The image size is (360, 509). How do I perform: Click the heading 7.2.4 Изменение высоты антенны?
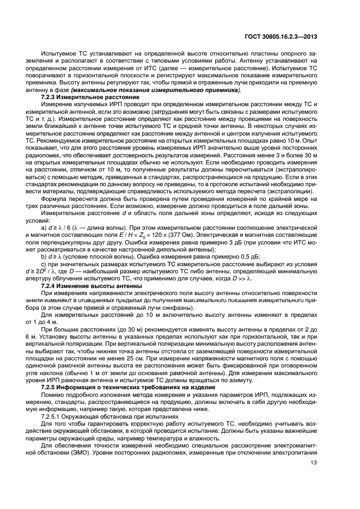point(91,286)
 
